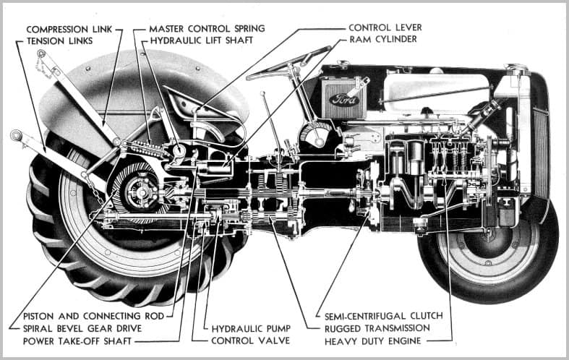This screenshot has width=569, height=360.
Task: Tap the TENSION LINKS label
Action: point(59,41)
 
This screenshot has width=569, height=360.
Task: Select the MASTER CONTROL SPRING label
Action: point(206,29)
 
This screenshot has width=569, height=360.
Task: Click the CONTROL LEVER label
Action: point(385,27)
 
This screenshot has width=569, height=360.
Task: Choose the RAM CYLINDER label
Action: point(382,39)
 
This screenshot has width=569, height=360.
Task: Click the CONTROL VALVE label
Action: point(250,340)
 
